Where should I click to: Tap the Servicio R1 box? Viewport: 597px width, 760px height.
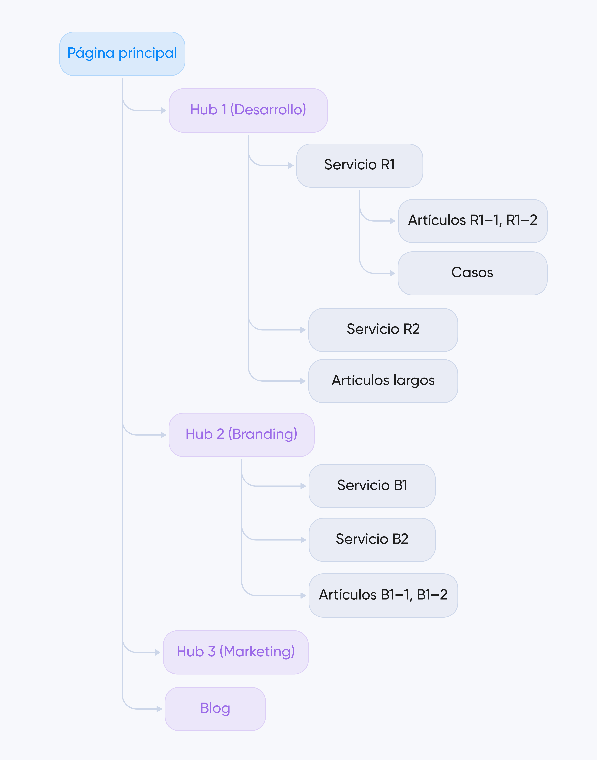tap(359, 165)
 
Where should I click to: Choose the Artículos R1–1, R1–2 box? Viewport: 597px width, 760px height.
tap(473, 221)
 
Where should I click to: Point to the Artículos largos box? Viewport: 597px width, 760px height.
tap(383, 381)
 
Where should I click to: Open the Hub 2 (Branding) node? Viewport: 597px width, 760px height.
tap(241, 435)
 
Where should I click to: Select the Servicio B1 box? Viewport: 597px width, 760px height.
tap(372, 486)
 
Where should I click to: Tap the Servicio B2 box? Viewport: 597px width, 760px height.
tap(372, 540)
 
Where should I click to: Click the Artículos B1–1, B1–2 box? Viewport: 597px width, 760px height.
tap(383, 595)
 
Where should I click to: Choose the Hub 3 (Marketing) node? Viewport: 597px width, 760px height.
tap(235, 652)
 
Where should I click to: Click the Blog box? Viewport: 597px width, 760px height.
tap(215, 709)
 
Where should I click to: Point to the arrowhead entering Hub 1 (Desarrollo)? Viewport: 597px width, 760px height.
tap(164, 110)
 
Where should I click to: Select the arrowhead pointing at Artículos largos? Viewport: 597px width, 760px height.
tap(303, 381)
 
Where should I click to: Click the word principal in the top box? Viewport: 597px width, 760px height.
tap(148, 53)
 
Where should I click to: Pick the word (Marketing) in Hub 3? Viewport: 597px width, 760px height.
tap(257, 652)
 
